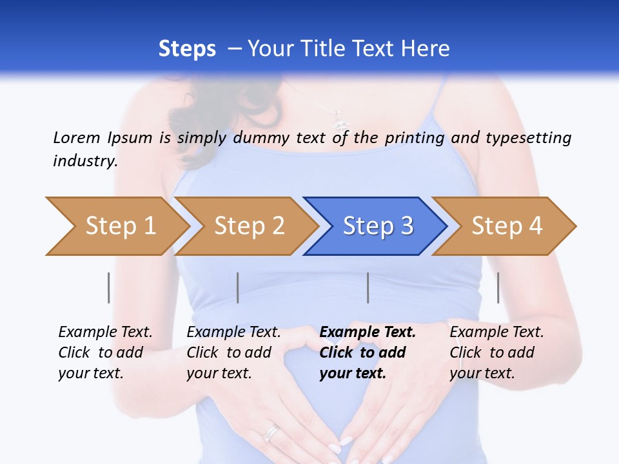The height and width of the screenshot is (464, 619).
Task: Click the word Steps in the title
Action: click(187, 49)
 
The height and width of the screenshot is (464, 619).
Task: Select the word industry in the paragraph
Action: click(84, 161)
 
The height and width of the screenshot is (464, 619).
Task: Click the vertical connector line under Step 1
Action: click(109, 287)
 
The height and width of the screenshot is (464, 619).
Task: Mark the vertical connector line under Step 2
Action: click(238, 287)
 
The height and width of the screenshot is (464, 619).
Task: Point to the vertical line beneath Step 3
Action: click(368, 287)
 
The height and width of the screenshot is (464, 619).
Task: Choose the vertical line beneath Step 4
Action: click(498, 287)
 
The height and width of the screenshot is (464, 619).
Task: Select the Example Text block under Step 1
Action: click(105, 353)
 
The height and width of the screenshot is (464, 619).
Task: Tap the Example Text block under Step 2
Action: click(233, 353)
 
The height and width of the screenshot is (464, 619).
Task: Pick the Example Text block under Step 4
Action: click(496, 353)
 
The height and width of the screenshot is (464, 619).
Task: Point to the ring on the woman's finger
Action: click(273, 432)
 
